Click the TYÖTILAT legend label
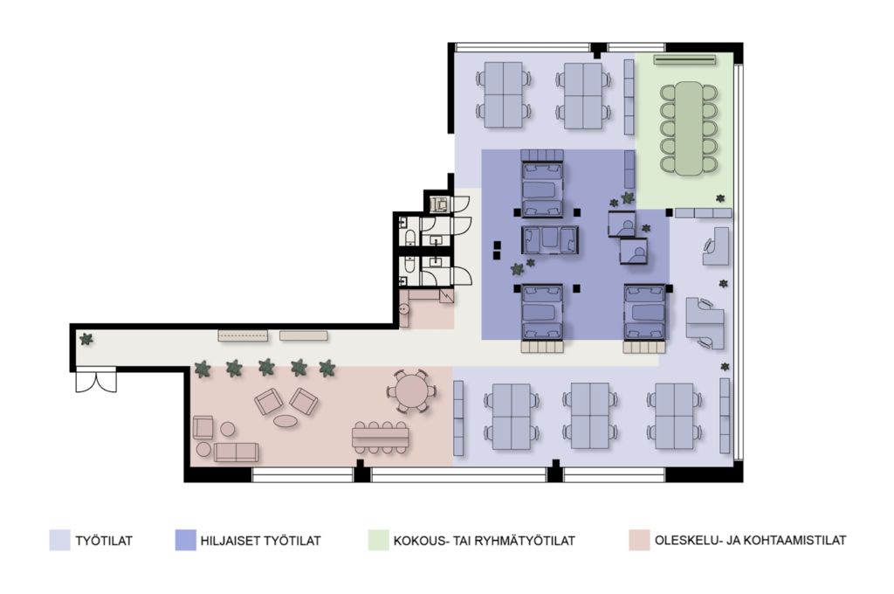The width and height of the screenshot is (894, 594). pos(104,541)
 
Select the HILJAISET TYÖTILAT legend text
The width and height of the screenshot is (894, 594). pos(260,541)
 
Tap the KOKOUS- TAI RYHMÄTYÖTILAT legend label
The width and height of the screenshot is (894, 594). pos(484,541)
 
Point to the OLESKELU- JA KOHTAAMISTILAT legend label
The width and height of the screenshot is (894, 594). pos(750,540)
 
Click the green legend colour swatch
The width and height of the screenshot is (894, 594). pos(379,541)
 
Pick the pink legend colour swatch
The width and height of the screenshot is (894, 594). pos(639,541)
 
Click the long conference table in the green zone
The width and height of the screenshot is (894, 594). pos(690,128)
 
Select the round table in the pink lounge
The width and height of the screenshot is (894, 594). pos(410,391)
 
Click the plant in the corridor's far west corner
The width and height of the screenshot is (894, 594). pos(86,339)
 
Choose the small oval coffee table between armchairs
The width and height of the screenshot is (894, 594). pos(285,421)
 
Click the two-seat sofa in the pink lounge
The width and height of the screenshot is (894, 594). pos(236,452)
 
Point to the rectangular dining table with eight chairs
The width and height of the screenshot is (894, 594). pos(381,438)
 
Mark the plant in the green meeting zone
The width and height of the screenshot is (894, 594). pos(720,198)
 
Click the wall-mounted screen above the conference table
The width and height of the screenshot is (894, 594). pos(684,59)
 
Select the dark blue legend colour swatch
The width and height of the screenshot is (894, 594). pos(185,541)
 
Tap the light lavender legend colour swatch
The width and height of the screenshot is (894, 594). pos(59,541)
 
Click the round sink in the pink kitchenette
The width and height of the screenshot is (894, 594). pos(404,309)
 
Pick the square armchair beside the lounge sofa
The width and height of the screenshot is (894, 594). pos(203,427)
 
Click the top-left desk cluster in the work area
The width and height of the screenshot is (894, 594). pos(504,95)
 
